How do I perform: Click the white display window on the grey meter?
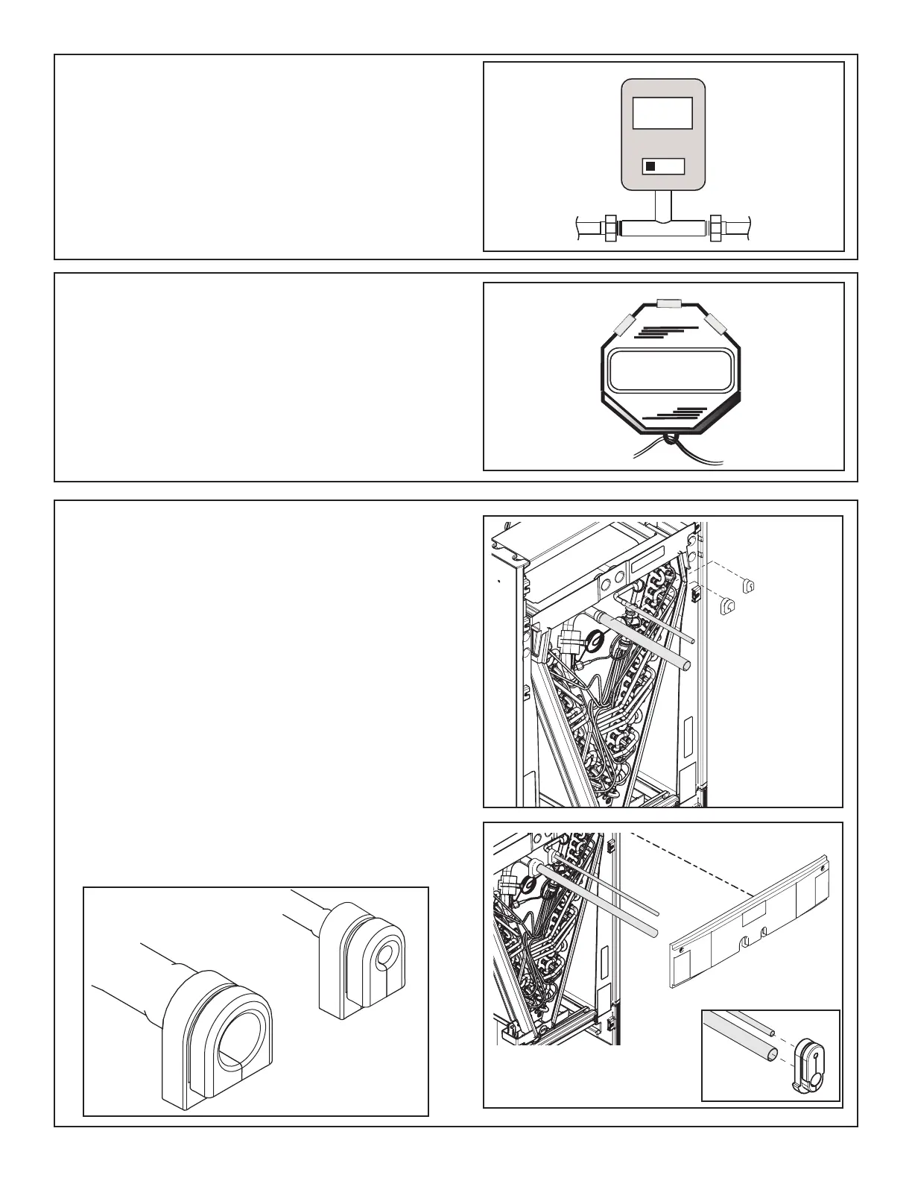point(662,115)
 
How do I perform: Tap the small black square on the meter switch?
point(650,166)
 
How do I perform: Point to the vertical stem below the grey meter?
point(663,204)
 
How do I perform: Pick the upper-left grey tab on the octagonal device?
point(622,325)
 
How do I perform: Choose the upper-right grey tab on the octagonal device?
point(717,323)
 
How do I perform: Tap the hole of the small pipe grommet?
point(388,954)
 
